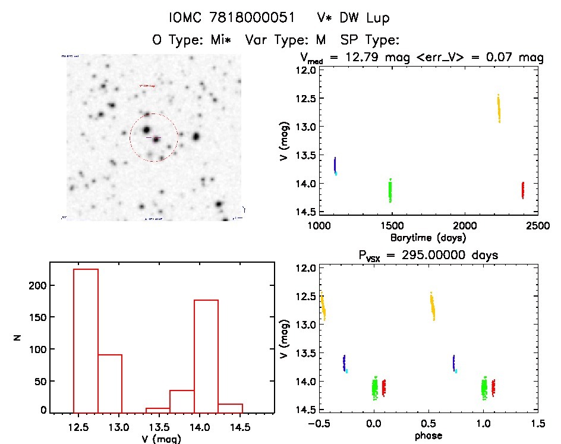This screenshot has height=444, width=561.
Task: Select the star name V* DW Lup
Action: tap(353, 18)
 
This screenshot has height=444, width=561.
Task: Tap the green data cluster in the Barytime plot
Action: tap(390, 191)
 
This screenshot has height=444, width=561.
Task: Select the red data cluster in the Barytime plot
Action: tap(522, 190)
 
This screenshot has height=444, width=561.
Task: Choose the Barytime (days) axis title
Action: tap(428, 237)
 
